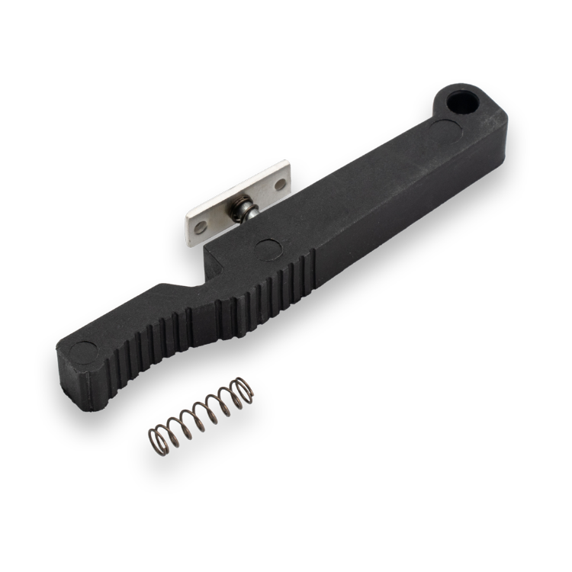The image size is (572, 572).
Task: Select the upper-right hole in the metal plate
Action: click(280, 184)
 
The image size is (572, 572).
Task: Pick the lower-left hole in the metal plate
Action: click(201, 227)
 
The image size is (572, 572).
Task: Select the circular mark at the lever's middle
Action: click(268, 249)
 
